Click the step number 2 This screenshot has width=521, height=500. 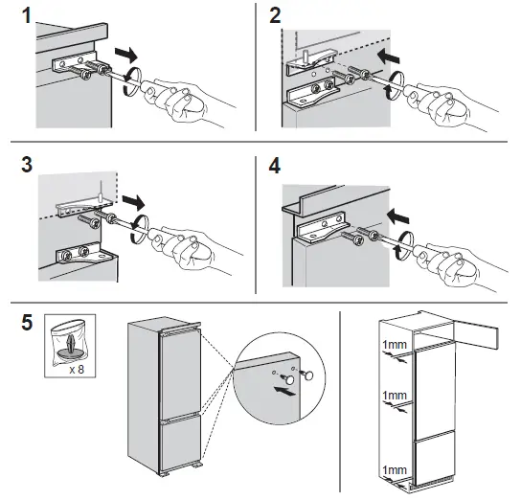tap(276, 15)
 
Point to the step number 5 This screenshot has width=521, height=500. tap(12, 318)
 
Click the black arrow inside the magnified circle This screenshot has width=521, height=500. tap(283, 390)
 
